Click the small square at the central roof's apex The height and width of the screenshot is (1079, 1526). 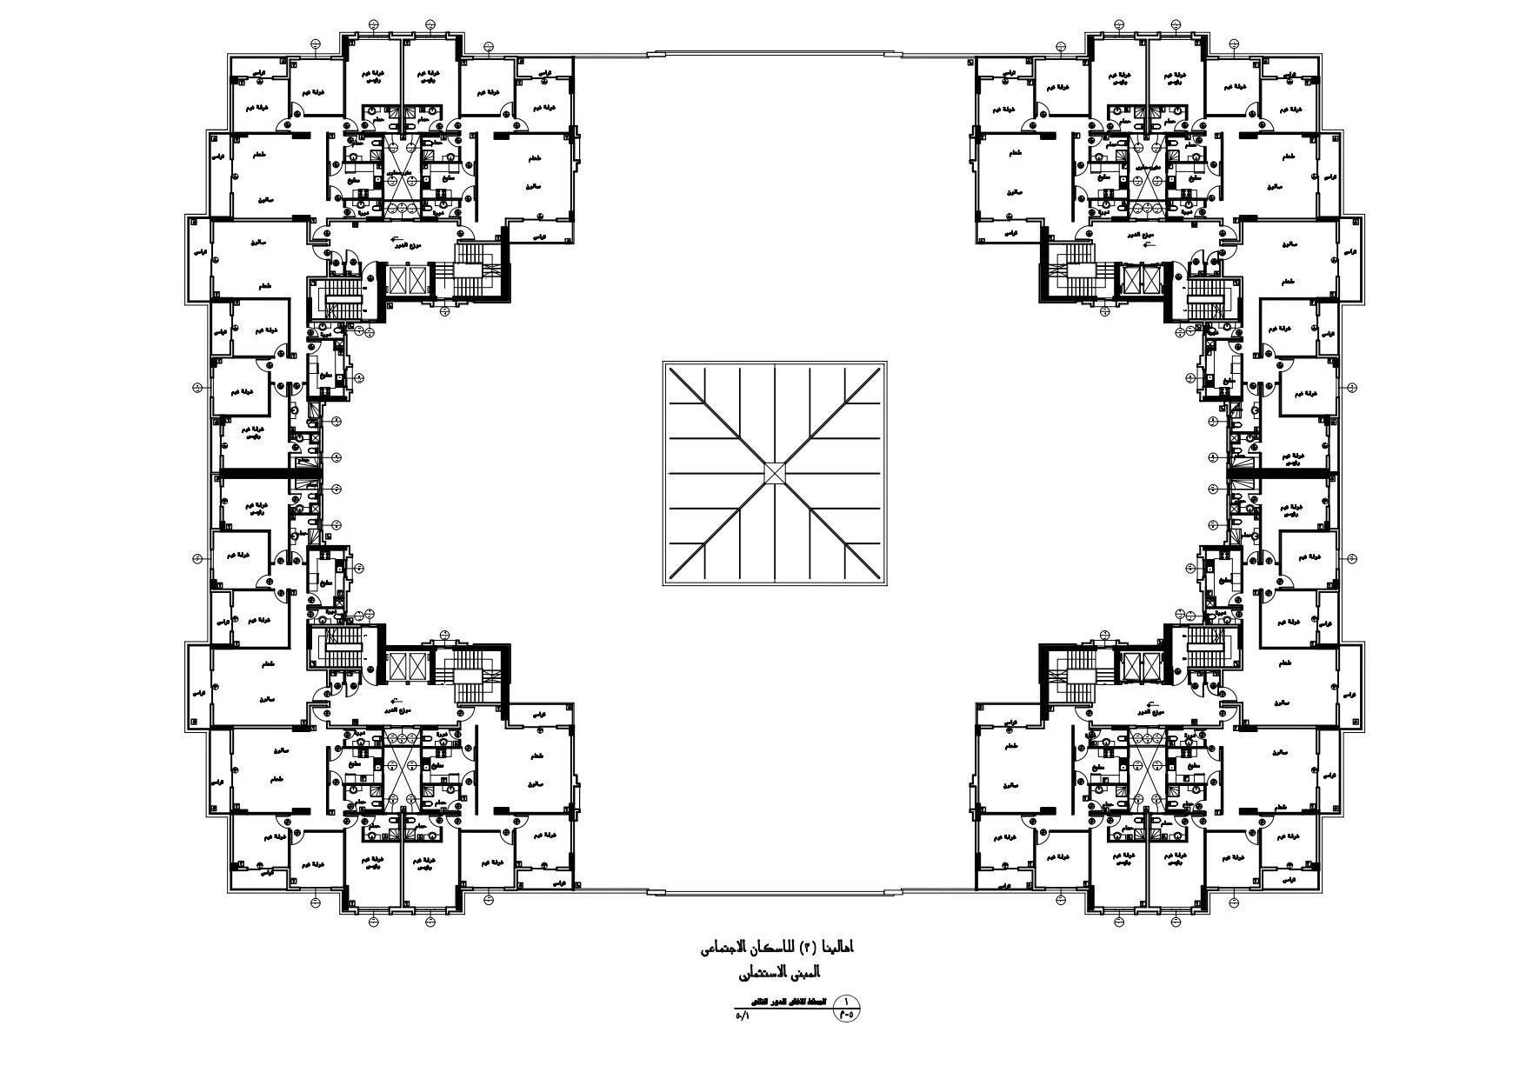[775, 472]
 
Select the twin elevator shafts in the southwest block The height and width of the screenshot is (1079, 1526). [408, 666]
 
